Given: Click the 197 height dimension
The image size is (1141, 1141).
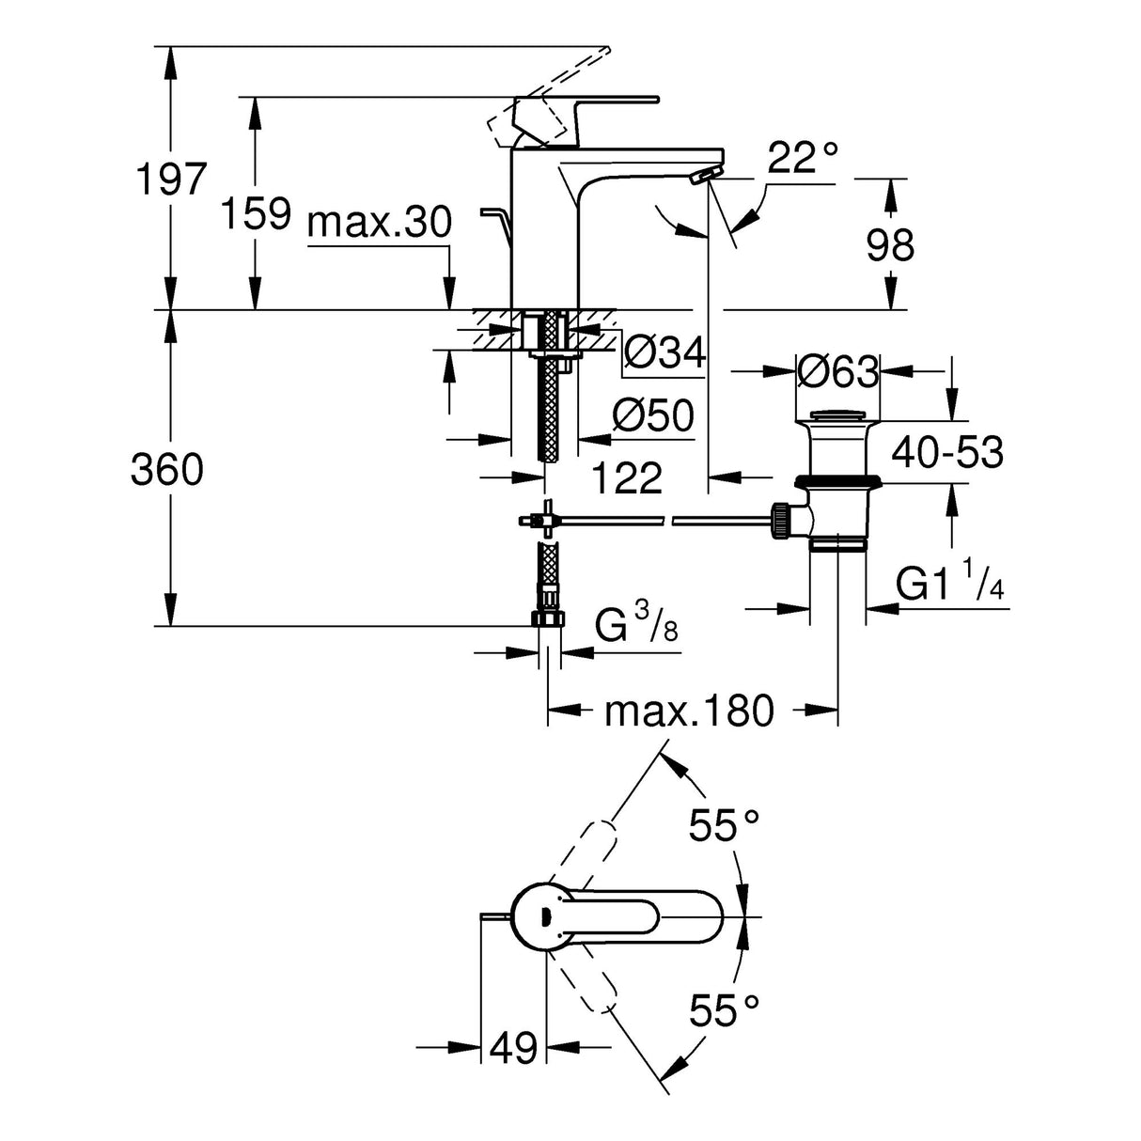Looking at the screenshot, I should point(170,179).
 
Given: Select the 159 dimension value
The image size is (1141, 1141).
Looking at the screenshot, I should point(255,214).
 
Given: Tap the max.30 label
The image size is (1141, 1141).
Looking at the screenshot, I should point(380,224).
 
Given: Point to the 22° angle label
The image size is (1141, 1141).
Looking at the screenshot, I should point(802,159).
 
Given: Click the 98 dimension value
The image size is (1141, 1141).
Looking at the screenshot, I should point(890,245).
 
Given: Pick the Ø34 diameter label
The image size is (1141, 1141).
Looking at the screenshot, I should point(664,352).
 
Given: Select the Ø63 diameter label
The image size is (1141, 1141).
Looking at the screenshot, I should point(837,372).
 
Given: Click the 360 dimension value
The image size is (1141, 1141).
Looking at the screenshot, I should point(167,469).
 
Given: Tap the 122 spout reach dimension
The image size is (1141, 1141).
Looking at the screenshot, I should point(627,478).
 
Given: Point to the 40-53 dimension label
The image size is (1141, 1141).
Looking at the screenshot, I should point(947,453).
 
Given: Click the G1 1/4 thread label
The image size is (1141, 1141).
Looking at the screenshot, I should point(950,585).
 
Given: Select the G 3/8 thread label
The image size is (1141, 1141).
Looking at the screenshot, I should point(636,624).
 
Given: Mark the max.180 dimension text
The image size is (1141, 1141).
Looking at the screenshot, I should point(688,711).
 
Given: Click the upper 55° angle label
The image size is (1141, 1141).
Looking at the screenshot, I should point(724,827).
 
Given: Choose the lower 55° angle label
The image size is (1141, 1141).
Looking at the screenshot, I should point(724,1010).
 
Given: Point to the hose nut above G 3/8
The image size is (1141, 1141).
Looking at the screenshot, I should point(547,617).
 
